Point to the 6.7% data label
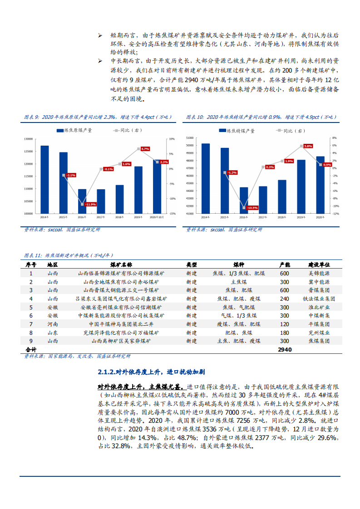[145, 149]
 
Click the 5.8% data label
[308, 146]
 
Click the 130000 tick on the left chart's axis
[29, 139]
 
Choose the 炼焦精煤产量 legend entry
[237, 131]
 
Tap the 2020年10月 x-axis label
[156, 217]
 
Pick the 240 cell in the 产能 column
[284, 299]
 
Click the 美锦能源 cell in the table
[319, 273]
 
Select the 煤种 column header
[239, 264]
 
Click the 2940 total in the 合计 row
[284, 350]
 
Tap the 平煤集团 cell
[319, 324]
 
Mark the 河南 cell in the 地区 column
[53, 324]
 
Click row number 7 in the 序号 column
[31, 324]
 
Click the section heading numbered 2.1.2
[151, 372]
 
